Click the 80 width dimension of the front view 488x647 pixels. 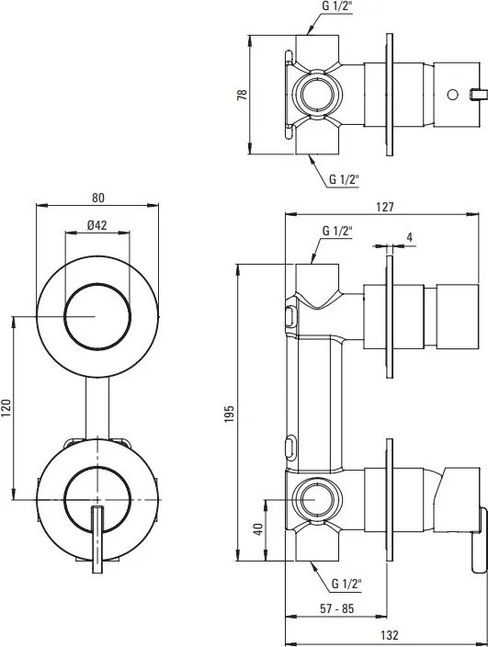pyautogui.click(x=98, y=197)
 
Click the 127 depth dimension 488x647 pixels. pyautogui.click(x=384, y=208)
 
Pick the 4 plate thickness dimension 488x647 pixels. pyautogui.click(x=409, y=237)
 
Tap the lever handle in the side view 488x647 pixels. pyautogui.click(x=475, y=533)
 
